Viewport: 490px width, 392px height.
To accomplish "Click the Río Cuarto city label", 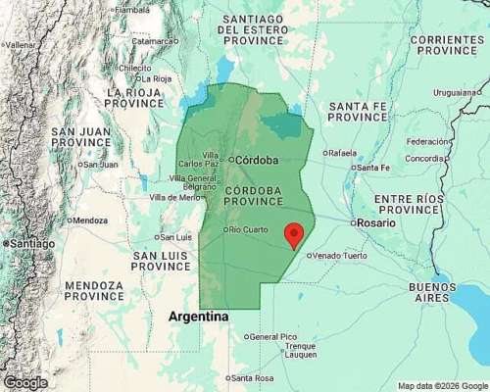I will [x=247, y=229].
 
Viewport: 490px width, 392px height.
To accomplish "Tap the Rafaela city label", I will [x=343, y=152].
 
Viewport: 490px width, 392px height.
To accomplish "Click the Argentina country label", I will [x=199, y=317].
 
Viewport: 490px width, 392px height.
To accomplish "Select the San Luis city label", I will [x=175, y=236].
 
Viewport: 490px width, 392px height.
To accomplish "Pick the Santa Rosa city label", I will [x=253, y=378].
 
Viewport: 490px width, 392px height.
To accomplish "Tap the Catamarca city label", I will [x=158, y=41].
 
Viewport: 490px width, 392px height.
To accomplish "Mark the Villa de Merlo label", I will [x=175, y=197].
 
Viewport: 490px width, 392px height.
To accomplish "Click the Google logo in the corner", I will [x=25, y=382].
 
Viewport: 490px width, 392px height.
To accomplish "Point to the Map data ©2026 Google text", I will [x=441, y=385].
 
